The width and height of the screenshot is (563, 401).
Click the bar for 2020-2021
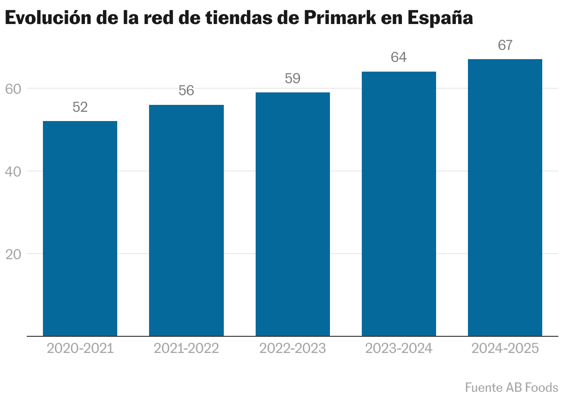[80, 229]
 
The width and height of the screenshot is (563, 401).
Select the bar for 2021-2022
[186, 220]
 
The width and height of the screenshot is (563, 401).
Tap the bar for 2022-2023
[293, 214]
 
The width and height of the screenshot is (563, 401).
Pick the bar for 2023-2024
[399, 204]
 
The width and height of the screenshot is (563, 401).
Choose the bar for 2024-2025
[505, 198]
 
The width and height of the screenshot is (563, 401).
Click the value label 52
[80, 108]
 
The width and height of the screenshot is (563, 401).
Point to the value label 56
[186, 91]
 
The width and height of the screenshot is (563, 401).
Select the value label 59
[293, 79]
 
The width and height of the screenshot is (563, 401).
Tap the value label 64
[399, 58]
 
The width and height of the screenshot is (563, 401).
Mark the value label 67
[505, 46]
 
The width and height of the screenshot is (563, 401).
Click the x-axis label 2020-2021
[80, 348]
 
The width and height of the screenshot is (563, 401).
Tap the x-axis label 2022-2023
[293, 348]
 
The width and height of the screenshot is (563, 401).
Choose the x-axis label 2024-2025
[505, 348]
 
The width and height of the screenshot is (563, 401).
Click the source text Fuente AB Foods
[511, 387]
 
